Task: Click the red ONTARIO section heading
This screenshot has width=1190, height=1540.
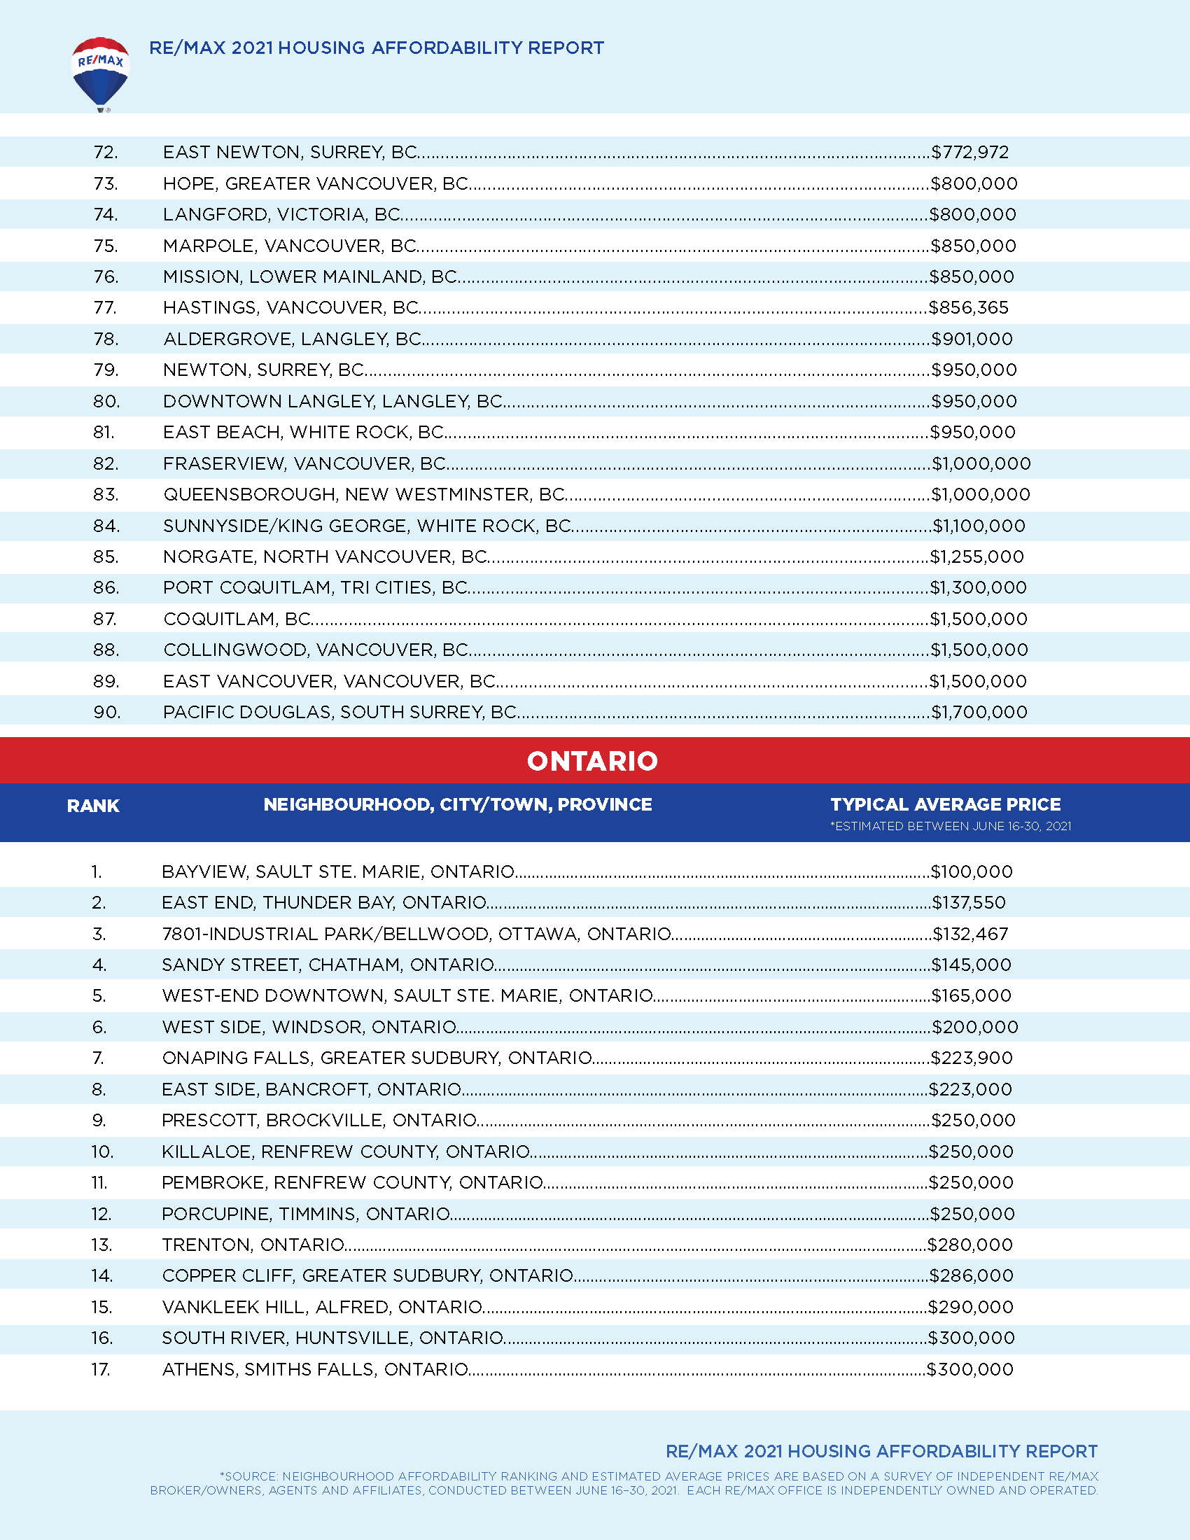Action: pyautogui.click(x=592, y=761)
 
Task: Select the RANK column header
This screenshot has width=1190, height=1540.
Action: pyautogui.click(x=93, y=806)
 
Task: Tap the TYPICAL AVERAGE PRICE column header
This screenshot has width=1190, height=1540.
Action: pyautogui.click(x=946, y=804)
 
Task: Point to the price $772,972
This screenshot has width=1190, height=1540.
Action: pyautogui.click(x=970, y=153)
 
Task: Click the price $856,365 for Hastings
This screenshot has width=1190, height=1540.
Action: pyautogui.click(x=969, y=308)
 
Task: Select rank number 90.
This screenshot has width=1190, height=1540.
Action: pyautogui.click(x=106, y=712)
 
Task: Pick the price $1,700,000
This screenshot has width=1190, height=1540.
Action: pyautogui.click(x=979, y=712)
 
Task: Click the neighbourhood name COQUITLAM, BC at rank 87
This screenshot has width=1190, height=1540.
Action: pyautogui.click(x=237, y=619)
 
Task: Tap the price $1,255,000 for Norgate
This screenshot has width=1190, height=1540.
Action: pyautogui.click(x=977, y=557)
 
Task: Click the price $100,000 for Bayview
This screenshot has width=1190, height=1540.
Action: pyautogui.click(x=972, y=872)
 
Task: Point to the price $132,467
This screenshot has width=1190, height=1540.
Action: pyautogui.click(x=971, y=934)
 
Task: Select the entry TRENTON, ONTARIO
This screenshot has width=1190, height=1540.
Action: pyautogui.click(x=253, y=1245)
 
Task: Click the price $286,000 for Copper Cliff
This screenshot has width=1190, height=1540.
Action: pyautogui.click(x=972, y=1276)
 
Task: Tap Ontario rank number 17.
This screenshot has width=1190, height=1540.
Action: pyautogui.click(x=101, y=1369)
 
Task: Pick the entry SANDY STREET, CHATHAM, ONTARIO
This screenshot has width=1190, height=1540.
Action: pyautogui.click(x=328, y=965)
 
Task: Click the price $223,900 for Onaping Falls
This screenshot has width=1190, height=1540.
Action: pyautogui.click(x=972, y=1058)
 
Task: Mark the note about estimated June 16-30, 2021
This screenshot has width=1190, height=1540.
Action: pyautogui.click(x=951, y=827)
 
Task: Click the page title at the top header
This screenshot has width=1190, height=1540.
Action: pyautogui.click(x=377, y=48)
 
